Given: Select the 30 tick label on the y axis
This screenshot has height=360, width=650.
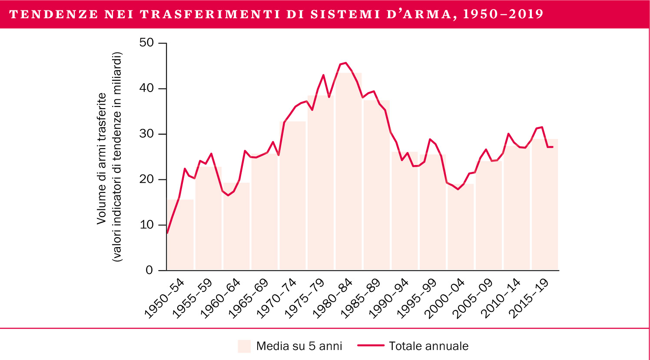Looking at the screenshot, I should coord(147,134).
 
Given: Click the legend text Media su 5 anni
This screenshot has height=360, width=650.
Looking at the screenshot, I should coord(299,346).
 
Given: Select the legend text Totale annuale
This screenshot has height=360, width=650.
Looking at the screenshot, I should coord(428,346).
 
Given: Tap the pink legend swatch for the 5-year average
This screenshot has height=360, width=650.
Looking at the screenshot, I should coord(244,346).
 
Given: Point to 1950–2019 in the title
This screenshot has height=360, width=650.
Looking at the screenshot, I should coord(503,14).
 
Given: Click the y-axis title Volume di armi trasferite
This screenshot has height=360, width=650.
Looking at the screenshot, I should coord(102,159).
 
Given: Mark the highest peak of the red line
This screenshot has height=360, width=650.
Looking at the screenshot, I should coord(345,63).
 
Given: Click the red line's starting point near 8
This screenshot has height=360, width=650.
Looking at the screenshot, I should coord(167,233).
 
